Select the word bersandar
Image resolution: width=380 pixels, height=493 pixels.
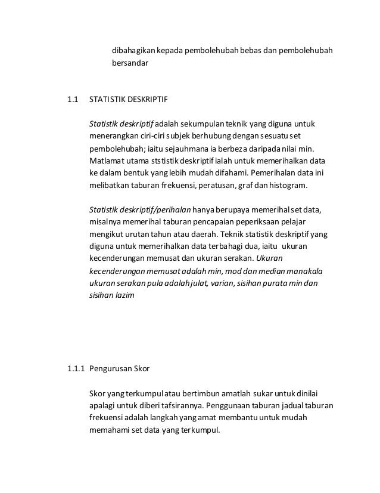(x=130, y=62)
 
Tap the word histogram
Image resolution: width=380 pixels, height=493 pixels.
(x=289, y=186)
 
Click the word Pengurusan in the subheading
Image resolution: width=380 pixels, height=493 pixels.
(x=111, y=368)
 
